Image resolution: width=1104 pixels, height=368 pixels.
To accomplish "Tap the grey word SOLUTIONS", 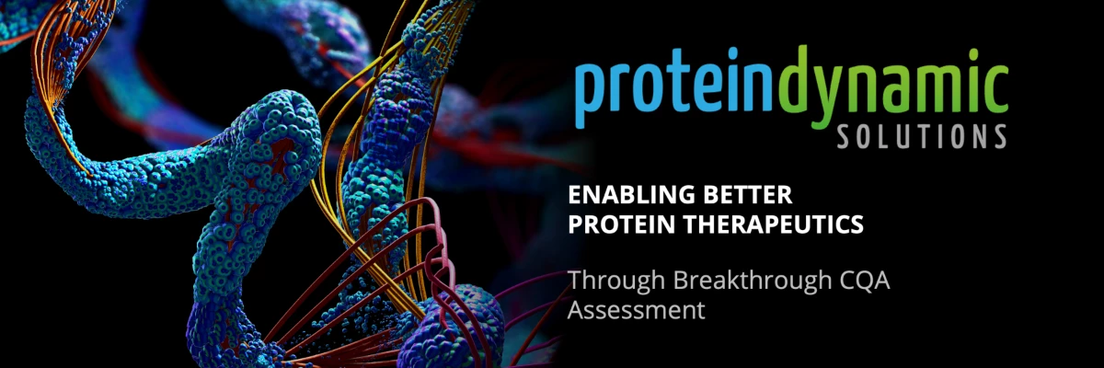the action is (922, 136).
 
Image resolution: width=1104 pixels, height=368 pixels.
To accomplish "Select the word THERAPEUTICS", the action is (774, 224).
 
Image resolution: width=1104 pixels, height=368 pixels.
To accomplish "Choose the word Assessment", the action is (636, 310).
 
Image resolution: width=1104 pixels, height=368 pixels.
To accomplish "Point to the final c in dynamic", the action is (995, 86).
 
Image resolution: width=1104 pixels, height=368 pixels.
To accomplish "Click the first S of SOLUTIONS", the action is (845, 136).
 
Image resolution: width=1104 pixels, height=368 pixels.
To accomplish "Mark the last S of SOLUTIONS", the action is (998, 136).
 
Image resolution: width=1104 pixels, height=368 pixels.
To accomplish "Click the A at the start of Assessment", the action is (577, 310).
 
